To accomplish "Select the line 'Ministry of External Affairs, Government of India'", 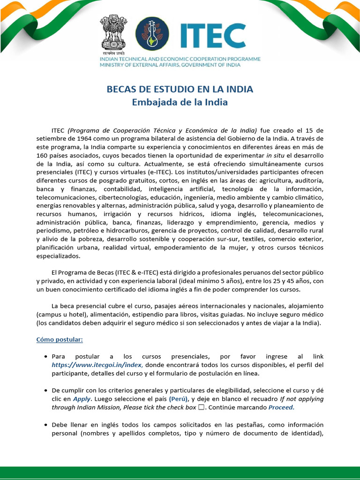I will (x=170, y=65).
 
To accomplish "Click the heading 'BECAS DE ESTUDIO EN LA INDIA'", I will (x=180, y=89).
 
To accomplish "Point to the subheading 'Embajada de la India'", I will (x=180, y=102).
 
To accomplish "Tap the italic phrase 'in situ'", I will (x=276, y=156).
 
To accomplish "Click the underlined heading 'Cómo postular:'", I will (x=60, y=339).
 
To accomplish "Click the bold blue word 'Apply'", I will (x=82, y=399).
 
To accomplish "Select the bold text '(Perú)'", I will (x=179, y=399).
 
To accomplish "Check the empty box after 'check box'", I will (x=201, y=407).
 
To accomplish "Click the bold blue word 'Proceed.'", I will (x=281, y=407).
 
